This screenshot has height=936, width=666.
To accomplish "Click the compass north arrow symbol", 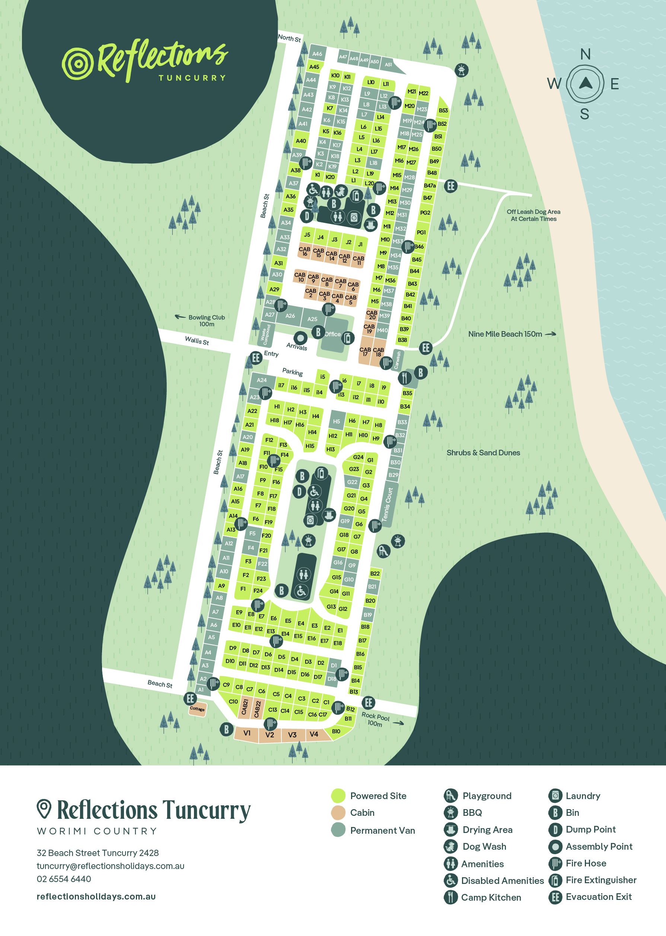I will pos(585,84).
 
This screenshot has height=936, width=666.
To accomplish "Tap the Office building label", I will pos(332,334).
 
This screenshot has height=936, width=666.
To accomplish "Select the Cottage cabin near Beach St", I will pos(197,709).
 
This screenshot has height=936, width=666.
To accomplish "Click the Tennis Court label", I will pos(388,504).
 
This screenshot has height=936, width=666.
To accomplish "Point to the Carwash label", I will pos(397,359).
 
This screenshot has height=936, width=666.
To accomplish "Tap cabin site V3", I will pos(292,735).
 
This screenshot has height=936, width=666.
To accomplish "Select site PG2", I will pos(425,213).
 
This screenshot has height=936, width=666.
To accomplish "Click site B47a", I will pos(430,186).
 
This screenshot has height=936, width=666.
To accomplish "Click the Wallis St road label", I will pos(197,340).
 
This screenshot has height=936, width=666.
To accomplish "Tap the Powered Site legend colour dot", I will pos(338,796).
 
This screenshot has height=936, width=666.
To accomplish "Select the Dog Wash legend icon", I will pos(450,846).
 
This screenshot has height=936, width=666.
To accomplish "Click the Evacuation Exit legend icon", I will pos(555,897).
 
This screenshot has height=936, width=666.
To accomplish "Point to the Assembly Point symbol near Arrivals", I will pos(300,338).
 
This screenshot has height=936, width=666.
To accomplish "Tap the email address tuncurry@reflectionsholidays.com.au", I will pos(111,866).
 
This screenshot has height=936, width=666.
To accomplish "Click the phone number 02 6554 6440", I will pos(64,879).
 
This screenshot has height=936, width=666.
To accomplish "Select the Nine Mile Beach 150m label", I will pos(505,334).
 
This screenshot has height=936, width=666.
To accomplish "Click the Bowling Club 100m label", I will pos(207,320).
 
